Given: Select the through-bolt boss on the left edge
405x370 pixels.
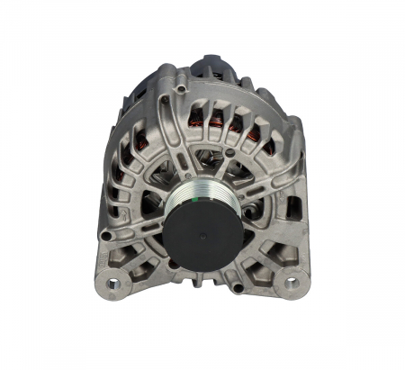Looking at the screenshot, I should click(x=105, y=236).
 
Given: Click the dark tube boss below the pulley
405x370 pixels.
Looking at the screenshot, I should click(x=238, y=285).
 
